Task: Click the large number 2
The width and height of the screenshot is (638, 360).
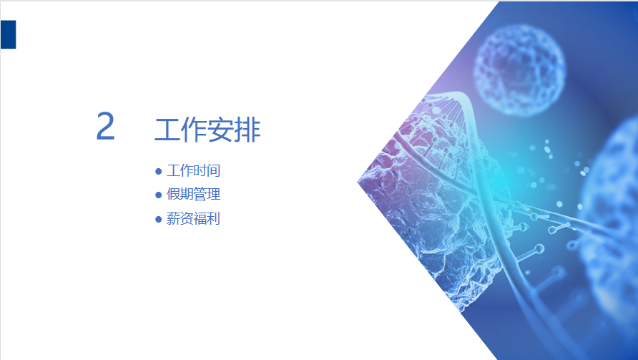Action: pyautogui.click(x=105, y=126)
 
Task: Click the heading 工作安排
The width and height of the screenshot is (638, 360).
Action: pyautogui.click(x=207, y=130)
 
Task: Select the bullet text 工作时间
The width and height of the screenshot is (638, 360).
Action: pyautogui.click(x=194, y=170)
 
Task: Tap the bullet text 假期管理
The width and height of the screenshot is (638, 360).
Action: pyautogui.click(x=194, y=194)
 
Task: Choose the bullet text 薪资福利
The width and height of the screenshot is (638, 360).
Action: pyautogui.click(x=194, y=219)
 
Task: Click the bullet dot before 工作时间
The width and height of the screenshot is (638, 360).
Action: pyautogui.click(x=159, y=172)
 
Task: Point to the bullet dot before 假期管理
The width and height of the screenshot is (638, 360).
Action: pyautogui.click(x=159, y=195)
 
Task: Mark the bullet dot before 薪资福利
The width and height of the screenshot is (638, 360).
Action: pyautogui.click(x=159, y=220)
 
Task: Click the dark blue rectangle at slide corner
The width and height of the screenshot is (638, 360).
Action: pyautogui.click(x=8, y=34)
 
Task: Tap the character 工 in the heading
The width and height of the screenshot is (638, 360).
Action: pyautogui.click(x=167, y=130)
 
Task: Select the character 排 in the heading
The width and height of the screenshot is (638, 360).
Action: pyautogui.click(x=247, y=130)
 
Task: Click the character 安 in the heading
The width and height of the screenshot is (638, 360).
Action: pyautogui.click(x=221, y=130)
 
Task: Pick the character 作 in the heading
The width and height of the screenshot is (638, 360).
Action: pyautogui.click(x=194, y=130)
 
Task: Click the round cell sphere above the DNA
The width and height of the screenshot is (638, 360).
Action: pyautogui.click(x=519, y=69)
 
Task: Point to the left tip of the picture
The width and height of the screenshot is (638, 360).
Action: pyautogui.click(x=358, y=182)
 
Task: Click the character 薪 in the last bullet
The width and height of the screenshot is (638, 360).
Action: pyautogui.click(x=173, y=219)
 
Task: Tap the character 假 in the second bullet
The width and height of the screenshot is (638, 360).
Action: pyautogui.click(x=173, y=194)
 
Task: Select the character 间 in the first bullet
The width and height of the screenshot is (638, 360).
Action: pyautogui.click(x=214, y=170)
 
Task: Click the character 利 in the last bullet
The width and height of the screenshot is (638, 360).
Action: pyautogui.click(x=214, y=219)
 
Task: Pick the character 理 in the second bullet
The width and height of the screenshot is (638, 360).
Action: pyautogui.click(x=214, y=194)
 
